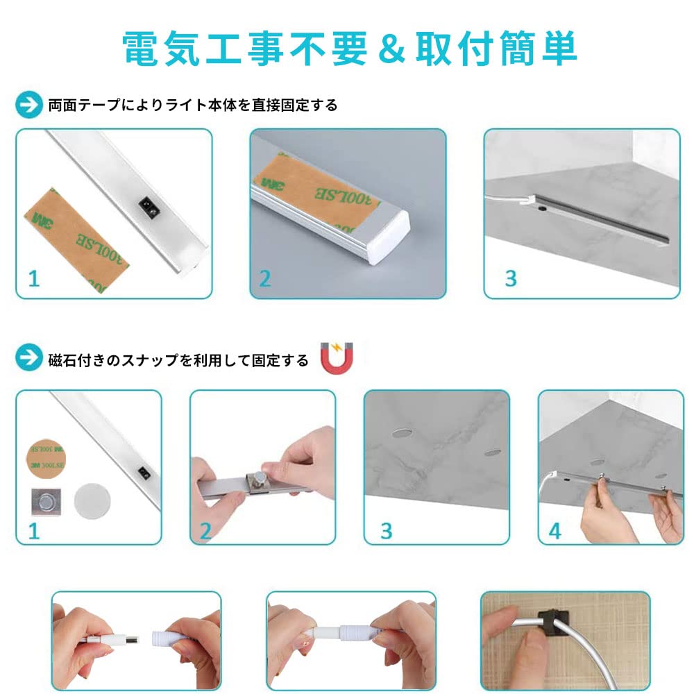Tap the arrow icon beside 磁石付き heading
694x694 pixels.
click(28, 359)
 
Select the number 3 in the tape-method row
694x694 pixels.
click(511, 278)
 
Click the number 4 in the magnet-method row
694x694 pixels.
click(555, 531)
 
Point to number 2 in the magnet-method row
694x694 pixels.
click(205, 531)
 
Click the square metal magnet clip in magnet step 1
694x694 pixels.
click(46, 500)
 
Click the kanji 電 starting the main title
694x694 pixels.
click(144, 48)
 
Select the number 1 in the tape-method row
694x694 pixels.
click(33, 278)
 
